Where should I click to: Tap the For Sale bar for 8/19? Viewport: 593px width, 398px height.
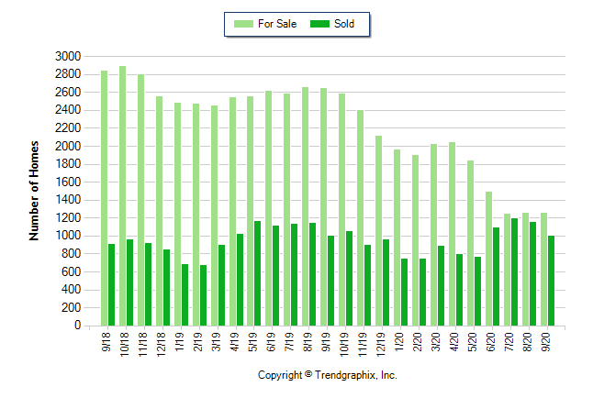pos(306,206)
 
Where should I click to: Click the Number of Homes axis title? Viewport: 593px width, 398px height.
pos(34,191)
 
